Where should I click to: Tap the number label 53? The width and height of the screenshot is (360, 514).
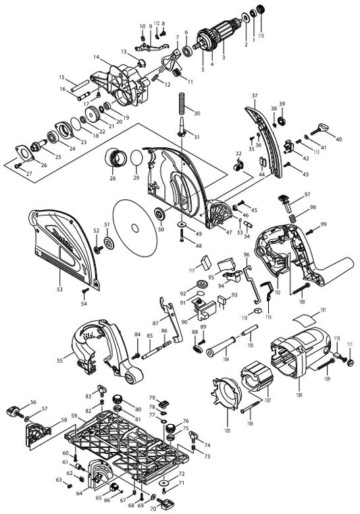60,289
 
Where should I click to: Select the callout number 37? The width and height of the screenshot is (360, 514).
255,96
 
